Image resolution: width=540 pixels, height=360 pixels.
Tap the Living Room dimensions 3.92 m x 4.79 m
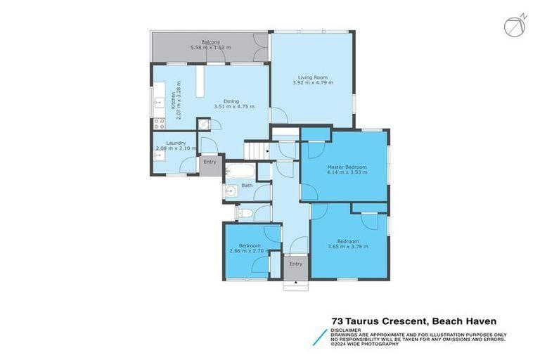[313, 83]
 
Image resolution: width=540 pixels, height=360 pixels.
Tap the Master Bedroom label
[344, 167]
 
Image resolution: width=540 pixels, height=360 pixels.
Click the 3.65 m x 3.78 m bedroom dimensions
[348, 247]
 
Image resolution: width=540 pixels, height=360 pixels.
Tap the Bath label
[247, 186]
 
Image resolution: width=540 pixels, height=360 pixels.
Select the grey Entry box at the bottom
[296, 266]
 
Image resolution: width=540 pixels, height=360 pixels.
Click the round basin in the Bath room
[231, 191]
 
